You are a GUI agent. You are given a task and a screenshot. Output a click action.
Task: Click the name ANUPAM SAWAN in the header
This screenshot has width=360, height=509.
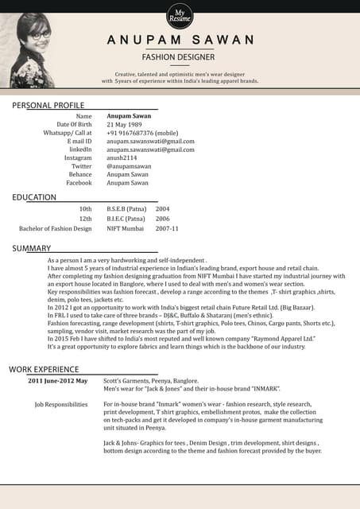(181, 40)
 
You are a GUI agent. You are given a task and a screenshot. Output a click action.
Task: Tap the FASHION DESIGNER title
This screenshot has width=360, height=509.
(180, 57)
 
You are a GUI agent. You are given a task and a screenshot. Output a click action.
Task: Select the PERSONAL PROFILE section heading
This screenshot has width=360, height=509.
(48, 105)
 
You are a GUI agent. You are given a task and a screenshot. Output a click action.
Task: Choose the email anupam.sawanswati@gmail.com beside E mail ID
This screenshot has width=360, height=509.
(150, 142)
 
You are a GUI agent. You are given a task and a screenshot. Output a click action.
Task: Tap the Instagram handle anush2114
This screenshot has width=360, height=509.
(122, 158)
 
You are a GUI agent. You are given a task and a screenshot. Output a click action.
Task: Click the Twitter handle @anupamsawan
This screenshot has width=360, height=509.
(128, 166)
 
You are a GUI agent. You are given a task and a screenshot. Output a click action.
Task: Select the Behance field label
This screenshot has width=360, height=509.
(80, 174)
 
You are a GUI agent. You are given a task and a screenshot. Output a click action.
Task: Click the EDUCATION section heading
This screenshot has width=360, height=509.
(34, 197)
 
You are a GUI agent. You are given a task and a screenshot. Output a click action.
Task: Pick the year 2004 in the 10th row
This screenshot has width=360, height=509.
(162, 209)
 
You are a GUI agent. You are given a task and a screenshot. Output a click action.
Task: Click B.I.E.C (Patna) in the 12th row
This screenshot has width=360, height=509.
(126, 219)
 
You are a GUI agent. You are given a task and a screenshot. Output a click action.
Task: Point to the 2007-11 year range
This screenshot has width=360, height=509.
(167, 228)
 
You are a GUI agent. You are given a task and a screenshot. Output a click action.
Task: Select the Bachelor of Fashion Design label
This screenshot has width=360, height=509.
(56, 228)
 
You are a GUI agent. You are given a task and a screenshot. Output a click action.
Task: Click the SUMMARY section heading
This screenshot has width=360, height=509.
(32, 249)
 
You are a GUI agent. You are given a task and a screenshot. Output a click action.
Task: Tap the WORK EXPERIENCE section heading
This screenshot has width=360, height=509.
(44, 369)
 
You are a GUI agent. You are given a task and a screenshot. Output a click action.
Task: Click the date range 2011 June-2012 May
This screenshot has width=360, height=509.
(58, 381)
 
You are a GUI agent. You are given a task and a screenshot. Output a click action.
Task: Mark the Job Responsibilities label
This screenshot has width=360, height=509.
(61, 404)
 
